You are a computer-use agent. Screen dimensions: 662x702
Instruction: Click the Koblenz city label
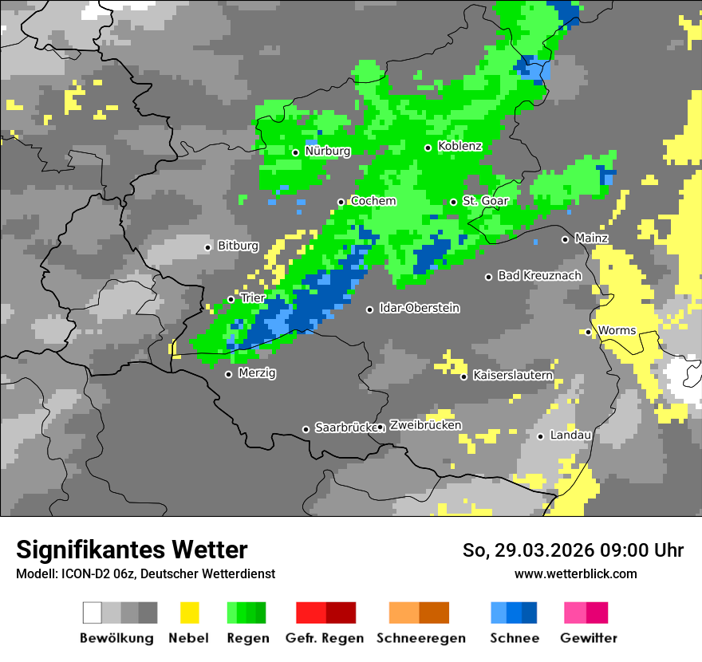(459, 146)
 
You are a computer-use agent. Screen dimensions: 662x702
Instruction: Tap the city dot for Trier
(231, 299)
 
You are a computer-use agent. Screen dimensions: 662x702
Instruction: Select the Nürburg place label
(327, 151)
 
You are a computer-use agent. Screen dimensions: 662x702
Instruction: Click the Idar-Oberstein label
(419, 308)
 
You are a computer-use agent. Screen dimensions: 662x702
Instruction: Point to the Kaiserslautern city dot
(463, 376)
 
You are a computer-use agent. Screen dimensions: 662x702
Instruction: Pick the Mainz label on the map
(591, 238)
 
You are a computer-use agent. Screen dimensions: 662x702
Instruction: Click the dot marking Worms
(588, 332)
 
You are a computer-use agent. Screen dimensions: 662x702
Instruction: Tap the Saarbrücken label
(345, 428)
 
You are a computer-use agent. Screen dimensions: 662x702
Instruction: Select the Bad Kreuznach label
(539, 275)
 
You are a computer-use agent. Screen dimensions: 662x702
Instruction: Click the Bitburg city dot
(208, 247)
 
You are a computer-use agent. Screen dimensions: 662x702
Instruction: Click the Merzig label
(257, 372)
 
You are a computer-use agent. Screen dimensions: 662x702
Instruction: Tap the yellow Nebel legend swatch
(189, 613)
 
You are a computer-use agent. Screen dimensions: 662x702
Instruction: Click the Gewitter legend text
(588, 638)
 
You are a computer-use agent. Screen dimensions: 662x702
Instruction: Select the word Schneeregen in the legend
(421, 638)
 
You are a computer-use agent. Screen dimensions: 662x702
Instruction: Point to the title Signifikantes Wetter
(132, 550)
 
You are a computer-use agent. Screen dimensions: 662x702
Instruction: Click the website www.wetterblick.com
(575, 573)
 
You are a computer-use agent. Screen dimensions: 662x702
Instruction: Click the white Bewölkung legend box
(93, 613)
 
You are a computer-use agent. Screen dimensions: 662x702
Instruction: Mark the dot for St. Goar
(453, 202)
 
